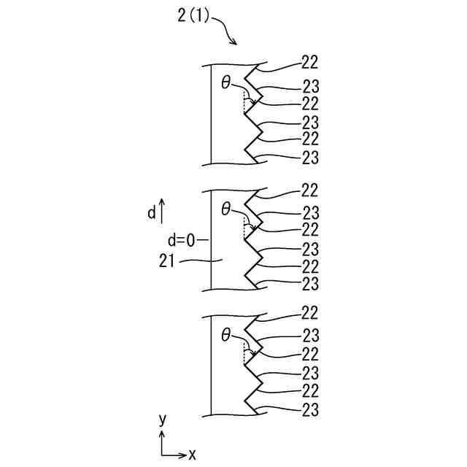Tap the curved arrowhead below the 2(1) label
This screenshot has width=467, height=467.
[234, 42]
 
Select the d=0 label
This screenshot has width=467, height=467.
[182, 239]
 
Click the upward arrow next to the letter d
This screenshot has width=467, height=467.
[162, 211]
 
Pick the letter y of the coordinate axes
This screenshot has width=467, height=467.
[162, 419]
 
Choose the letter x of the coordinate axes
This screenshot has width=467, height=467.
[193, 455]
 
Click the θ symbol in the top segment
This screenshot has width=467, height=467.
[226, 83]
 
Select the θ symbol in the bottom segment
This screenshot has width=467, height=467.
[226, 335]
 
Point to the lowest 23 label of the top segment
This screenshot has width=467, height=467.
[309, 157]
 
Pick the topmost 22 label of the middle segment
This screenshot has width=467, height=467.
[309, 190]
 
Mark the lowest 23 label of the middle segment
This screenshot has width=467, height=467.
[309, 283]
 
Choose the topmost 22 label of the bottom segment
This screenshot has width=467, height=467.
[309, 314]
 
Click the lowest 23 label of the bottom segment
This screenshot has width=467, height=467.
[309, 409]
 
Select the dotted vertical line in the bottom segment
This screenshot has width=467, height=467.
[244, 355]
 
